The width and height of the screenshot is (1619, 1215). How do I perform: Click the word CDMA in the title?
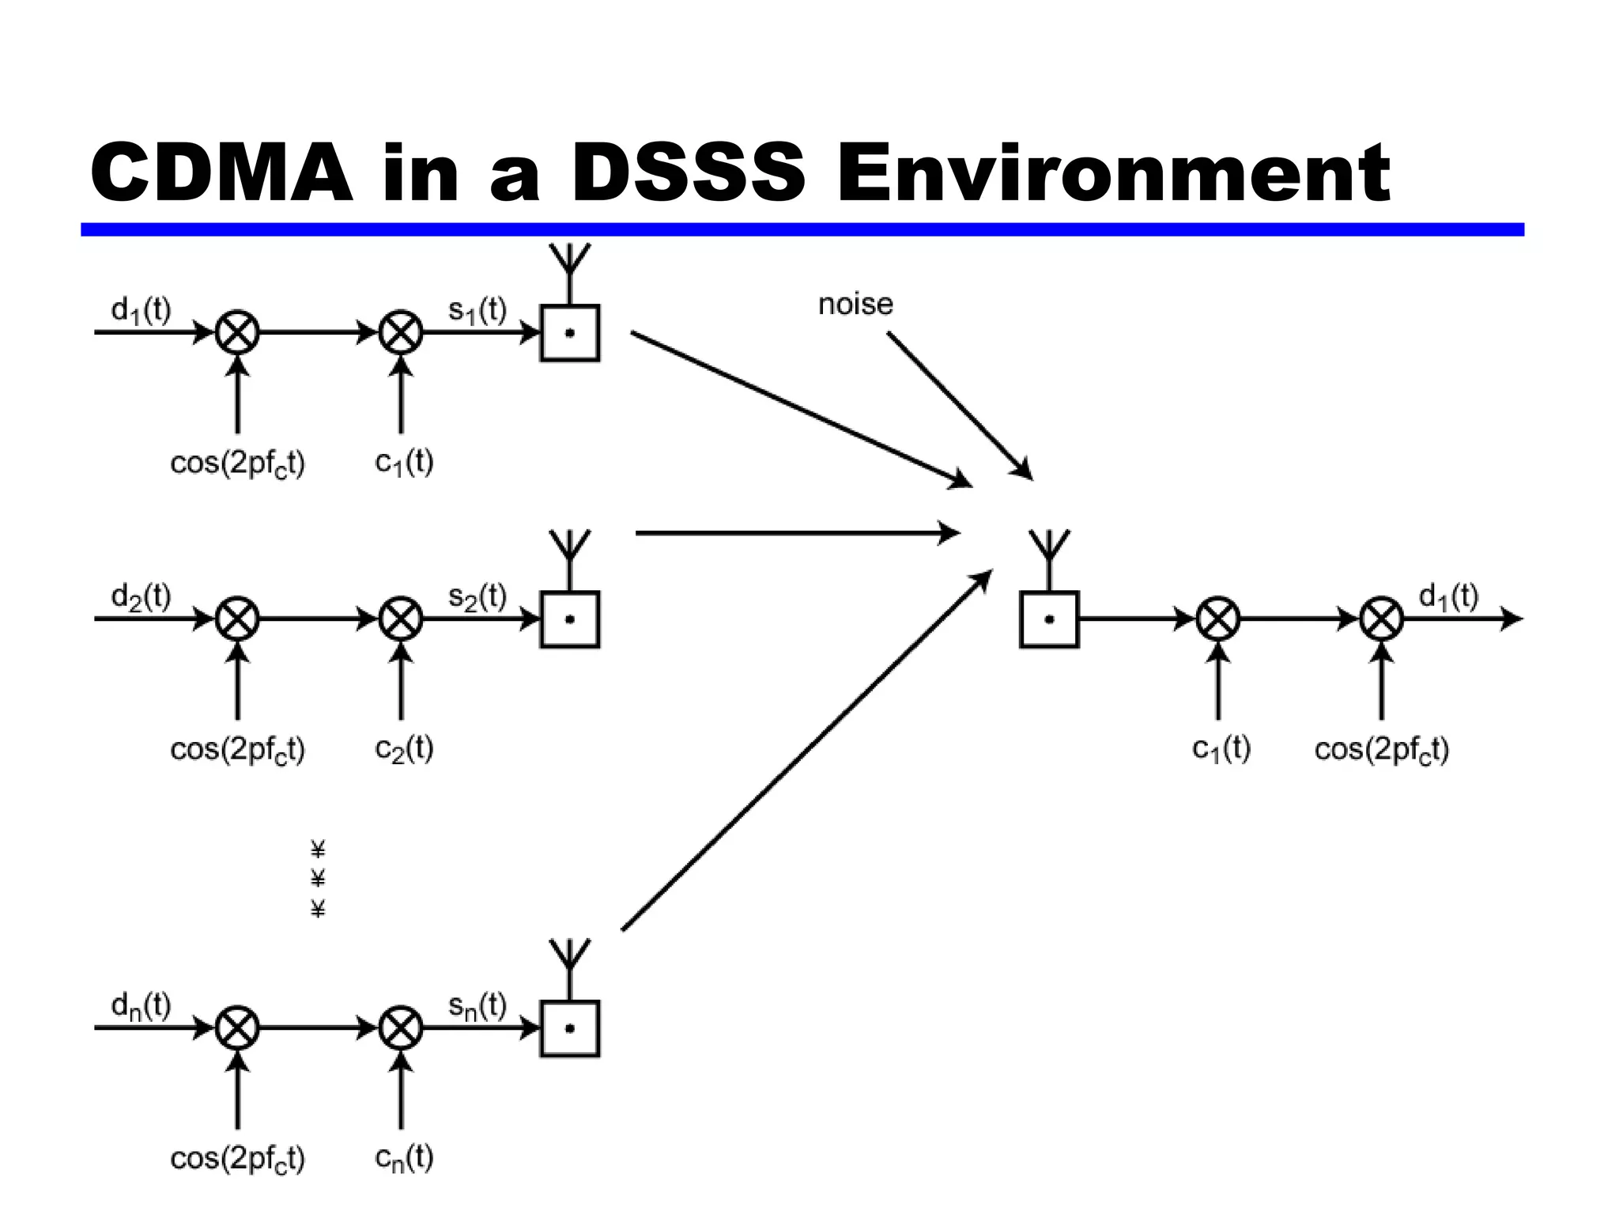pyautogui.click(x=221, y=172)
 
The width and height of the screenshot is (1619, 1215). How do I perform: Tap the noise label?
pyautogui.click(x=855, y=304)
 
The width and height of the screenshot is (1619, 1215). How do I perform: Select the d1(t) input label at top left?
pyautogui.click(x=141, y=310)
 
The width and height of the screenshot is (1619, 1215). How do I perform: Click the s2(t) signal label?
pyautogui.click(x=477, y=596)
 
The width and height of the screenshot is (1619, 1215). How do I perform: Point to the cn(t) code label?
pyautogui.click(x=404, y=1158)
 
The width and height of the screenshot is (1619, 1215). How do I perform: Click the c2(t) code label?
pyautogui.click(x=404, y=748)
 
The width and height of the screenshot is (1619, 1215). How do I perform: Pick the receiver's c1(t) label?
pyautogui.click(x=1221, y=748)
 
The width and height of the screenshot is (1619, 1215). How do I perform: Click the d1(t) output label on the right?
pyautogui.click(x=1448, y=596)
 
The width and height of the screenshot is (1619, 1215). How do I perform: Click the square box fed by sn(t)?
pyautogui.click(x=570, y=1028)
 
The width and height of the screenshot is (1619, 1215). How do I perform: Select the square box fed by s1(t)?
pyautogui.click(x=570, y=333)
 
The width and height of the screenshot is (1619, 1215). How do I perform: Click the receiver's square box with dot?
pyautogui.click(x=1049, y=619)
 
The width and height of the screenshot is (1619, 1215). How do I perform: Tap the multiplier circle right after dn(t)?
pyautogui.click(x=237, y=1028)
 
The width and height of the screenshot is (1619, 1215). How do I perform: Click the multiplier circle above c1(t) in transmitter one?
pyautogui.click(x=401, y=333)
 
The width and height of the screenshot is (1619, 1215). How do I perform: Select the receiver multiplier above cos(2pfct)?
pyautogui.click(x=1382, y=619)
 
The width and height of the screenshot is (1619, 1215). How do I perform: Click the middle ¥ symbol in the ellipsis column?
pyautogui.click(x=318, y=879)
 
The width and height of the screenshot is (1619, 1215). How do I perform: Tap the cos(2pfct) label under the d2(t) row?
pyautogui.click(x=237, y=748)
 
